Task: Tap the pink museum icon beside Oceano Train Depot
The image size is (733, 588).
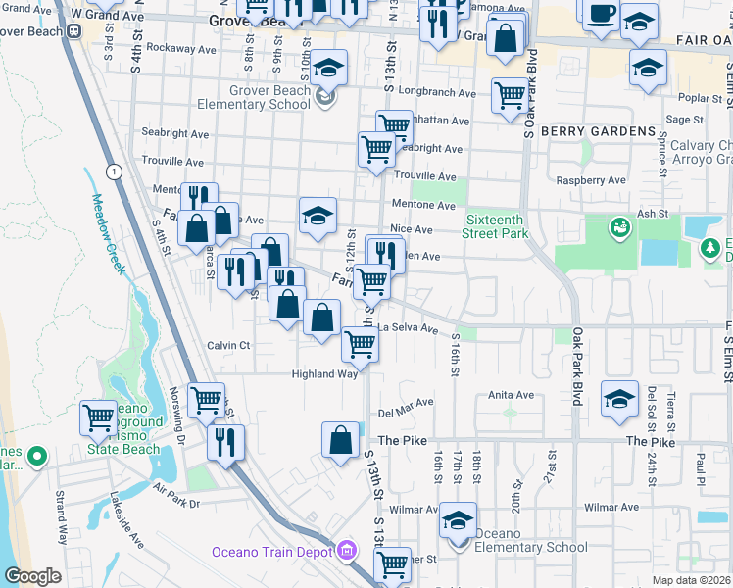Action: [344, 552]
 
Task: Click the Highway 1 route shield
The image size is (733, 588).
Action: [116, 171]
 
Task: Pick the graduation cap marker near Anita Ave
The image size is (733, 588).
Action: [619, 399]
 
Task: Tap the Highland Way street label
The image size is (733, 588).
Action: [324, 373]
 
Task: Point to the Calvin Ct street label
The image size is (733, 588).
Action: [228, 346]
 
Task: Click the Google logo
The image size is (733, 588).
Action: [32, 576]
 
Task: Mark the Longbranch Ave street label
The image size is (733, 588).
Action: [442, 94]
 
